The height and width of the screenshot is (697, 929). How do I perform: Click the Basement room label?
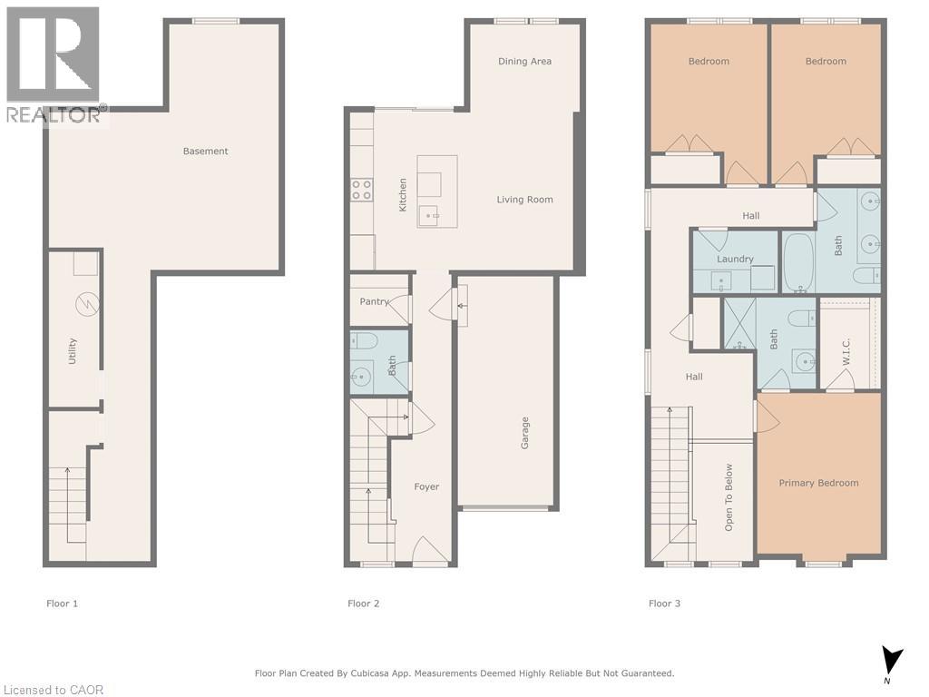(205, 152)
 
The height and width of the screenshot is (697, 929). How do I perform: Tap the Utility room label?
(73, 351)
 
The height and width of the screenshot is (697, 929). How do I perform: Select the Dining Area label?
(524, 62)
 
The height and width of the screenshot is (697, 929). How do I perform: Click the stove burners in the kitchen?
(361, 190)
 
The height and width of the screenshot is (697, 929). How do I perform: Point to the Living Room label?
(524, 200)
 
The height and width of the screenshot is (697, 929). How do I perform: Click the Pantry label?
(374, 301)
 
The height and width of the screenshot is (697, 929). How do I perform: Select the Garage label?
(524, 433)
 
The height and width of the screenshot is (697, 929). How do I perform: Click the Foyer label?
(426, 487)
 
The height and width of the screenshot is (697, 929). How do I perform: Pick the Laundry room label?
(735, 259)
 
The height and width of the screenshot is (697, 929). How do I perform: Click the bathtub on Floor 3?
(798, 262)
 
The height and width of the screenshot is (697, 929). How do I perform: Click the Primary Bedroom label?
(818, 483)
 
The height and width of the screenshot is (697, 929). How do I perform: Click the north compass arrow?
(893, 659)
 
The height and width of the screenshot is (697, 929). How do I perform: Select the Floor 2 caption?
(363, 604)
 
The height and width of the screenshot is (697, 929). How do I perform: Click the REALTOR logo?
(54, 64)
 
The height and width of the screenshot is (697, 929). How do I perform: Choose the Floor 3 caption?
(664, 604)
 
